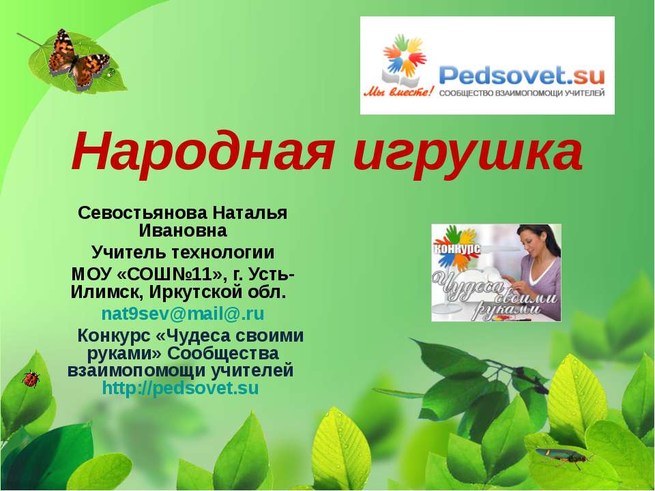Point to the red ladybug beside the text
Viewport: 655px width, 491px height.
[x=31, y=379]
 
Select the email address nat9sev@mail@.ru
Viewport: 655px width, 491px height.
[x=183, y=314]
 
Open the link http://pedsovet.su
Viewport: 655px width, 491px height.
[x=180, y=389]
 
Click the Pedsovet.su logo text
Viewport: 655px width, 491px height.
[x=522, y=73]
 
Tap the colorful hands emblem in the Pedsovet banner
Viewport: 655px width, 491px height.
[x=404, y=57]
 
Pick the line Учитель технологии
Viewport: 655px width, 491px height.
[x=183, y=253]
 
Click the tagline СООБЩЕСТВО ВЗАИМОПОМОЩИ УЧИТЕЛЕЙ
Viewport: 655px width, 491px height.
[x=522, y=93]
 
